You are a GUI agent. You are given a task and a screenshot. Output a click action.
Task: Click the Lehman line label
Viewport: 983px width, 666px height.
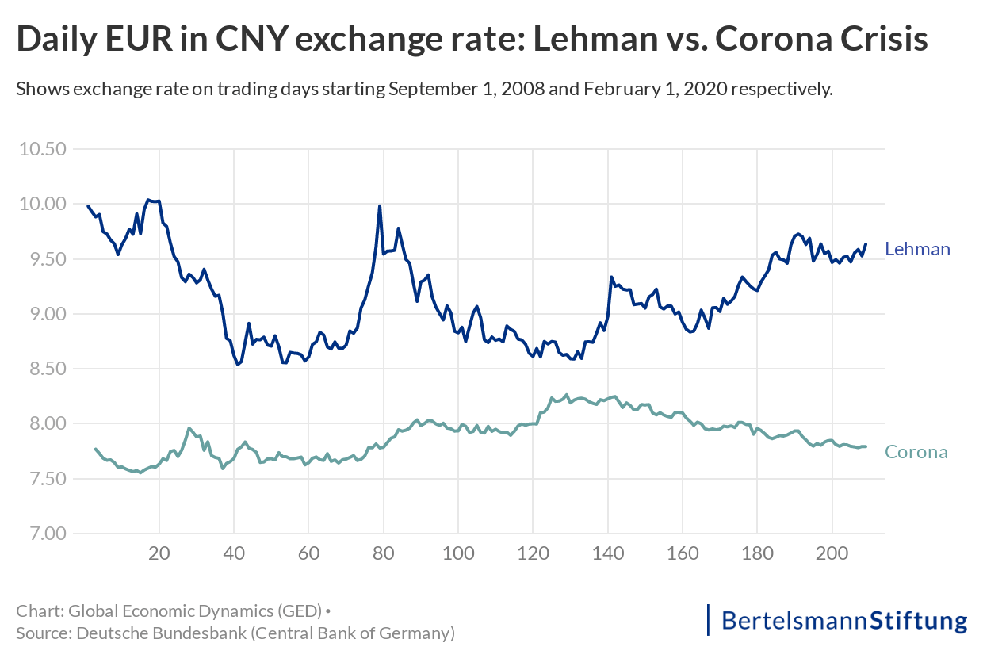[917, 249]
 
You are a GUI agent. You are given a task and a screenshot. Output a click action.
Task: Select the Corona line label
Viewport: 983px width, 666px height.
[916, 453]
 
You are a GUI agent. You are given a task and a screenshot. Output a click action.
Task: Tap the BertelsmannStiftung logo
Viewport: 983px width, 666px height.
[837, 620]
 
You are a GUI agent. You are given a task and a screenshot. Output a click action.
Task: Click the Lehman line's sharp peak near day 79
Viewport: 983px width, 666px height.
[380, 206]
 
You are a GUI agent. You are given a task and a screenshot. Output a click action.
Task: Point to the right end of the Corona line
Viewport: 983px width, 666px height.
[866, 446]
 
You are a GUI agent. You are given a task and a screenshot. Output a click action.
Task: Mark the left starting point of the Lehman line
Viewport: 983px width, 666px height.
[88, 206]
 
